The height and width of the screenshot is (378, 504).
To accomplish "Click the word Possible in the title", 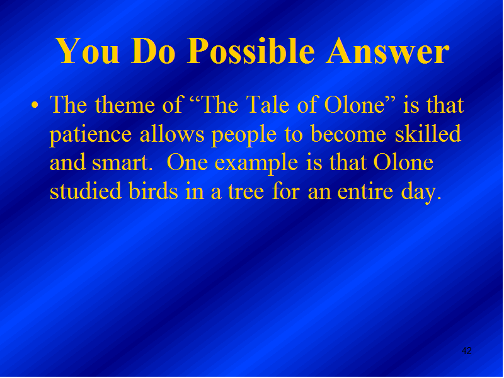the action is point(251,51).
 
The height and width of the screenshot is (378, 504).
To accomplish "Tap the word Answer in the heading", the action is point(387,51).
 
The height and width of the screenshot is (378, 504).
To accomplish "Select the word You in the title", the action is point(88,51).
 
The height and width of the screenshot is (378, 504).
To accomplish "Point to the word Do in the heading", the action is point(153,51).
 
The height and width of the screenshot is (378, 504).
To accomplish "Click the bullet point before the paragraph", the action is point(35,105).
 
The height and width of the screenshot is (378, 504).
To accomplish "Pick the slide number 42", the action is point(466,351).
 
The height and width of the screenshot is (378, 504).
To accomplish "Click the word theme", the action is point(125,105).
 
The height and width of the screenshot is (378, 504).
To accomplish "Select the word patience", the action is point(91,135).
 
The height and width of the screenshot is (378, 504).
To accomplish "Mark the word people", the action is point(244,135).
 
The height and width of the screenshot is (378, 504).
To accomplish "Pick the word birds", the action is point(153,191).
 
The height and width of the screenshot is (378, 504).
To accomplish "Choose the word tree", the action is point(246,192).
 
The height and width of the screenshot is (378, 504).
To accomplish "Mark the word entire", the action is point(365,192).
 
